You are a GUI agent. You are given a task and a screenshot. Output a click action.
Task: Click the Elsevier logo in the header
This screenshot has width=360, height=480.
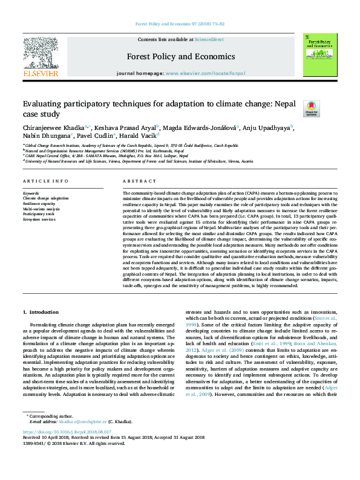pyautogui.click(x=40, y=56)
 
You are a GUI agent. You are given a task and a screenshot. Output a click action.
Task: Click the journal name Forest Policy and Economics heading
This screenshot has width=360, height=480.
pyautogui.click(x=180, y=57)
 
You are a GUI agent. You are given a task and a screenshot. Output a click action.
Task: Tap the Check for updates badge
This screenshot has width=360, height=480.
pyautogui.click(x=311, y=109)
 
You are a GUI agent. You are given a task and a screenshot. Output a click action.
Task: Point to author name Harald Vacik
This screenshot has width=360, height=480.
pyautogui.click(x=138, y=136)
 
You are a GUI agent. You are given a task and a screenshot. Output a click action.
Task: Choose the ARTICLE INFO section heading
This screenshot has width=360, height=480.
pyautogui.click(x=45, y=181)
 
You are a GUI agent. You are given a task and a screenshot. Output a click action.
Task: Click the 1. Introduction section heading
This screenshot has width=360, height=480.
pyautogui.click(x=41, y=312)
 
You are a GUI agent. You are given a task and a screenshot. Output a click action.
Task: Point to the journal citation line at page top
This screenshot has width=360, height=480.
pyautogui.click(x=180, y=24)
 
